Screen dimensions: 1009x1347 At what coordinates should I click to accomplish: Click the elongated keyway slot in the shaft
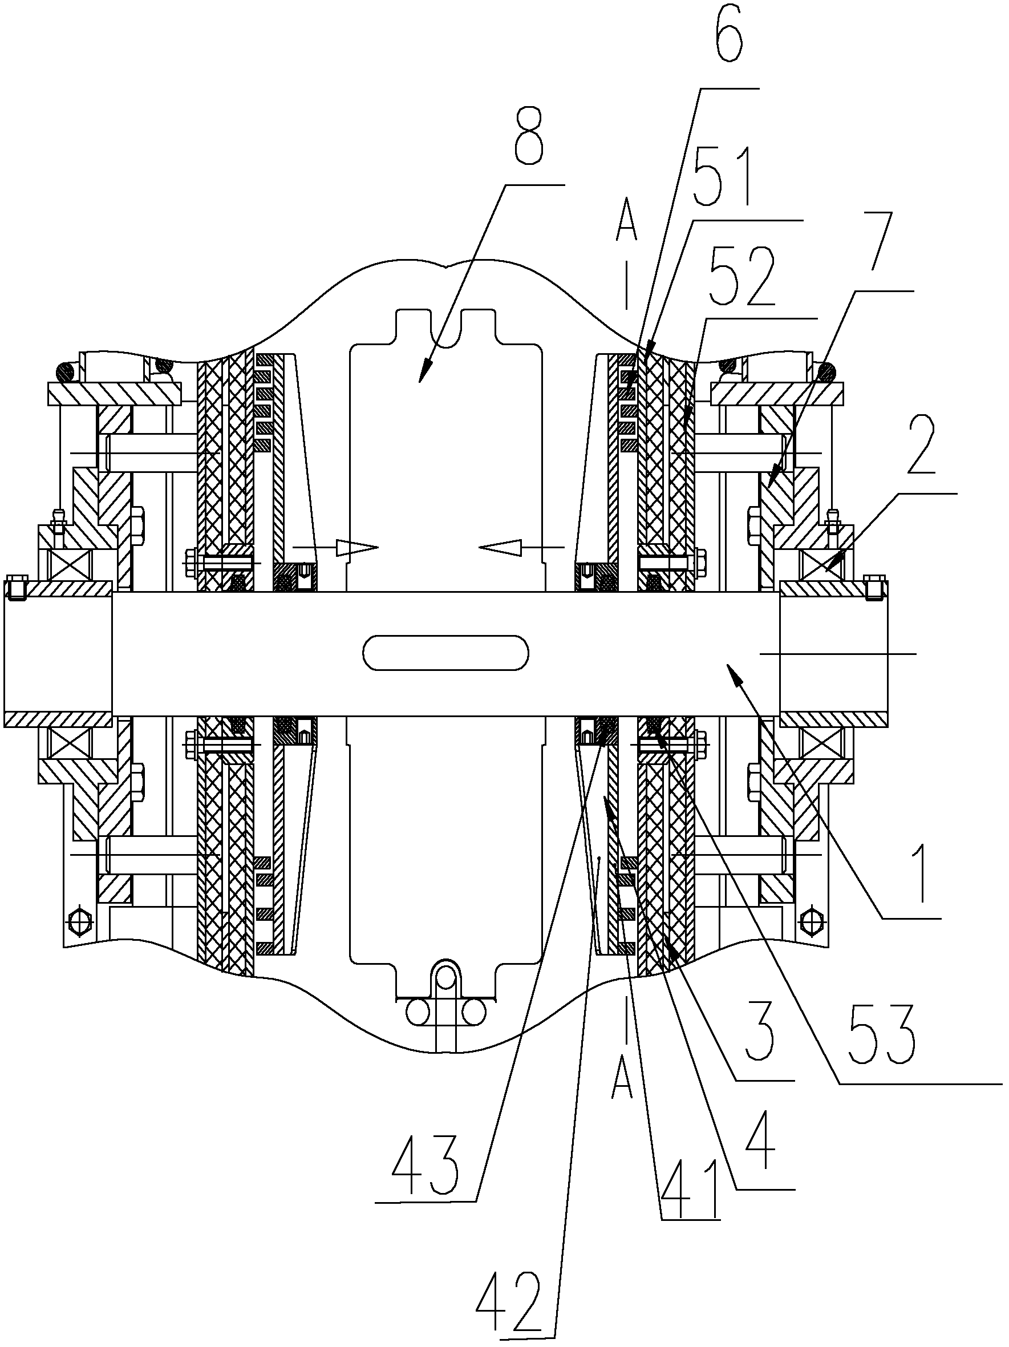pos(445,653)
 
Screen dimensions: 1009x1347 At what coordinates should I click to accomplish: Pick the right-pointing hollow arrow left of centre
pos(335,548)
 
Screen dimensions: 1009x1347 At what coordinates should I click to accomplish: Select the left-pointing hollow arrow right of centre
pos(521,548)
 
